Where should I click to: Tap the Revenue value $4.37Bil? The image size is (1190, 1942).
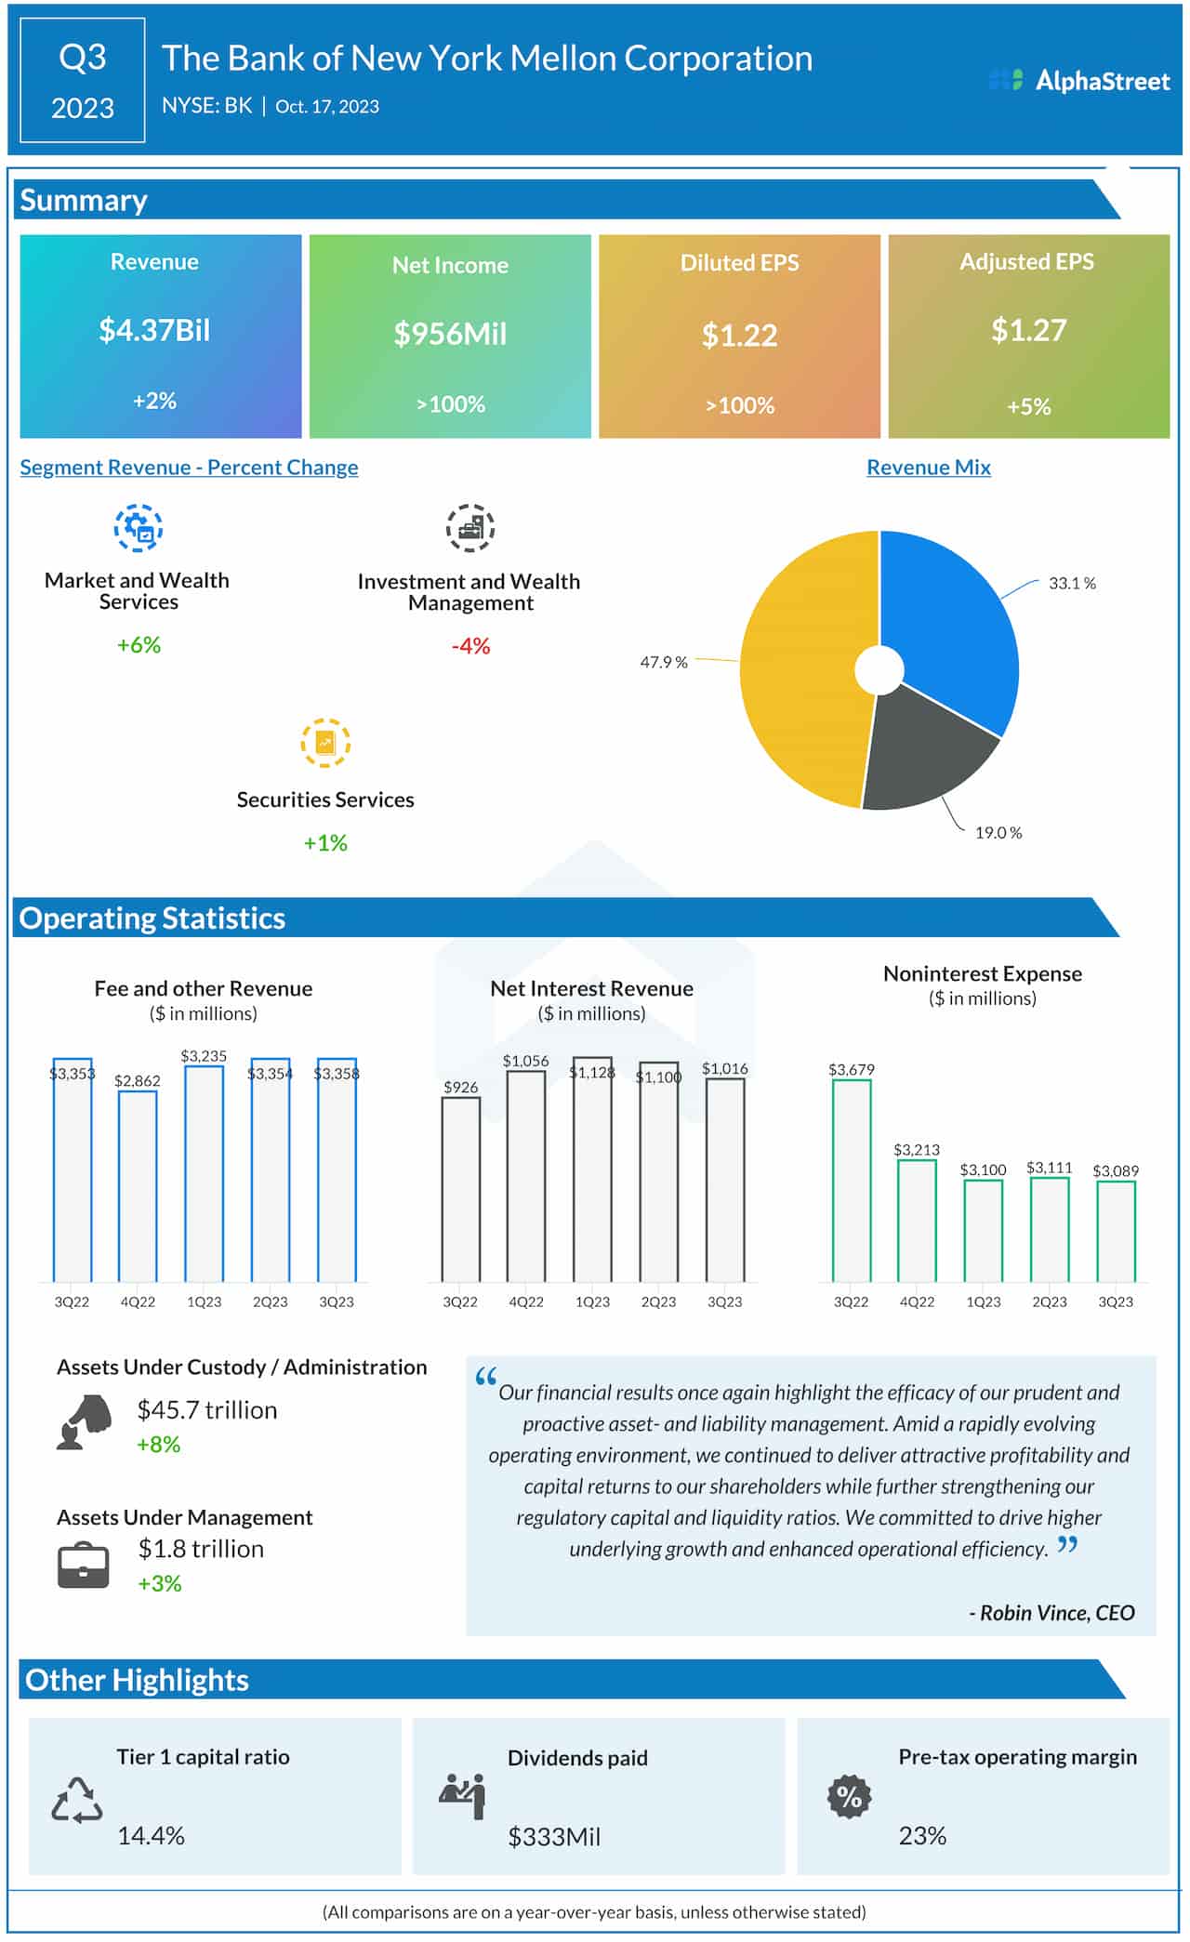(154, 330)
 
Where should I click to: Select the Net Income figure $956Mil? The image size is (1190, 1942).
(450, 334)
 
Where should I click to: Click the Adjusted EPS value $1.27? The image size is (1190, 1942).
(1028, 330)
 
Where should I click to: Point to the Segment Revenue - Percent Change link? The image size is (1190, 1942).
(189, 468)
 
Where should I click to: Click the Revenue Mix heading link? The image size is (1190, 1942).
(928, 468)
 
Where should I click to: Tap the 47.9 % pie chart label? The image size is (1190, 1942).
(663, 662)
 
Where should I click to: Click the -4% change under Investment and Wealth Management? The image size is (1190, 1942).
(470, 646)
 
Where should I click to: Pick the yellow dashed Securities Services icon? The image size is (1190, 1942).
(325, 743)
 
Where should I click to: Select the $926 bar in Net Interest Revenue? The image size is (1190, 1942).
(460, 1189)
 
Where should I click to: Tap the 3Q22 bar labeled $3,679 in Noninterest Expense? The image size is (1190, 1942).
(851, 1181)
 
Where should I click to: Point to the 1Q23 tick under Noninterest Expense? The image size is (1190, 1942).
(983, 1301)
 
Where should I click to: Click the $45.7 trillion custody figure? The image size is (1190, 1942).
(207, 1410)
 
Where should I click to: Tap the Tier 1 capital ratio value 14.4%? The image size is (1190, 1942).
(151, 1835)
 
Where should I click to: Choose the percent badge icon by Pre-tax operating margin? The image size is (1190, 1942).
(849, 1797)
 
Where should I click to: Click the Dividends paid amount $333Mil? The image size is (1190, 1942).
(554, 1837)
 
